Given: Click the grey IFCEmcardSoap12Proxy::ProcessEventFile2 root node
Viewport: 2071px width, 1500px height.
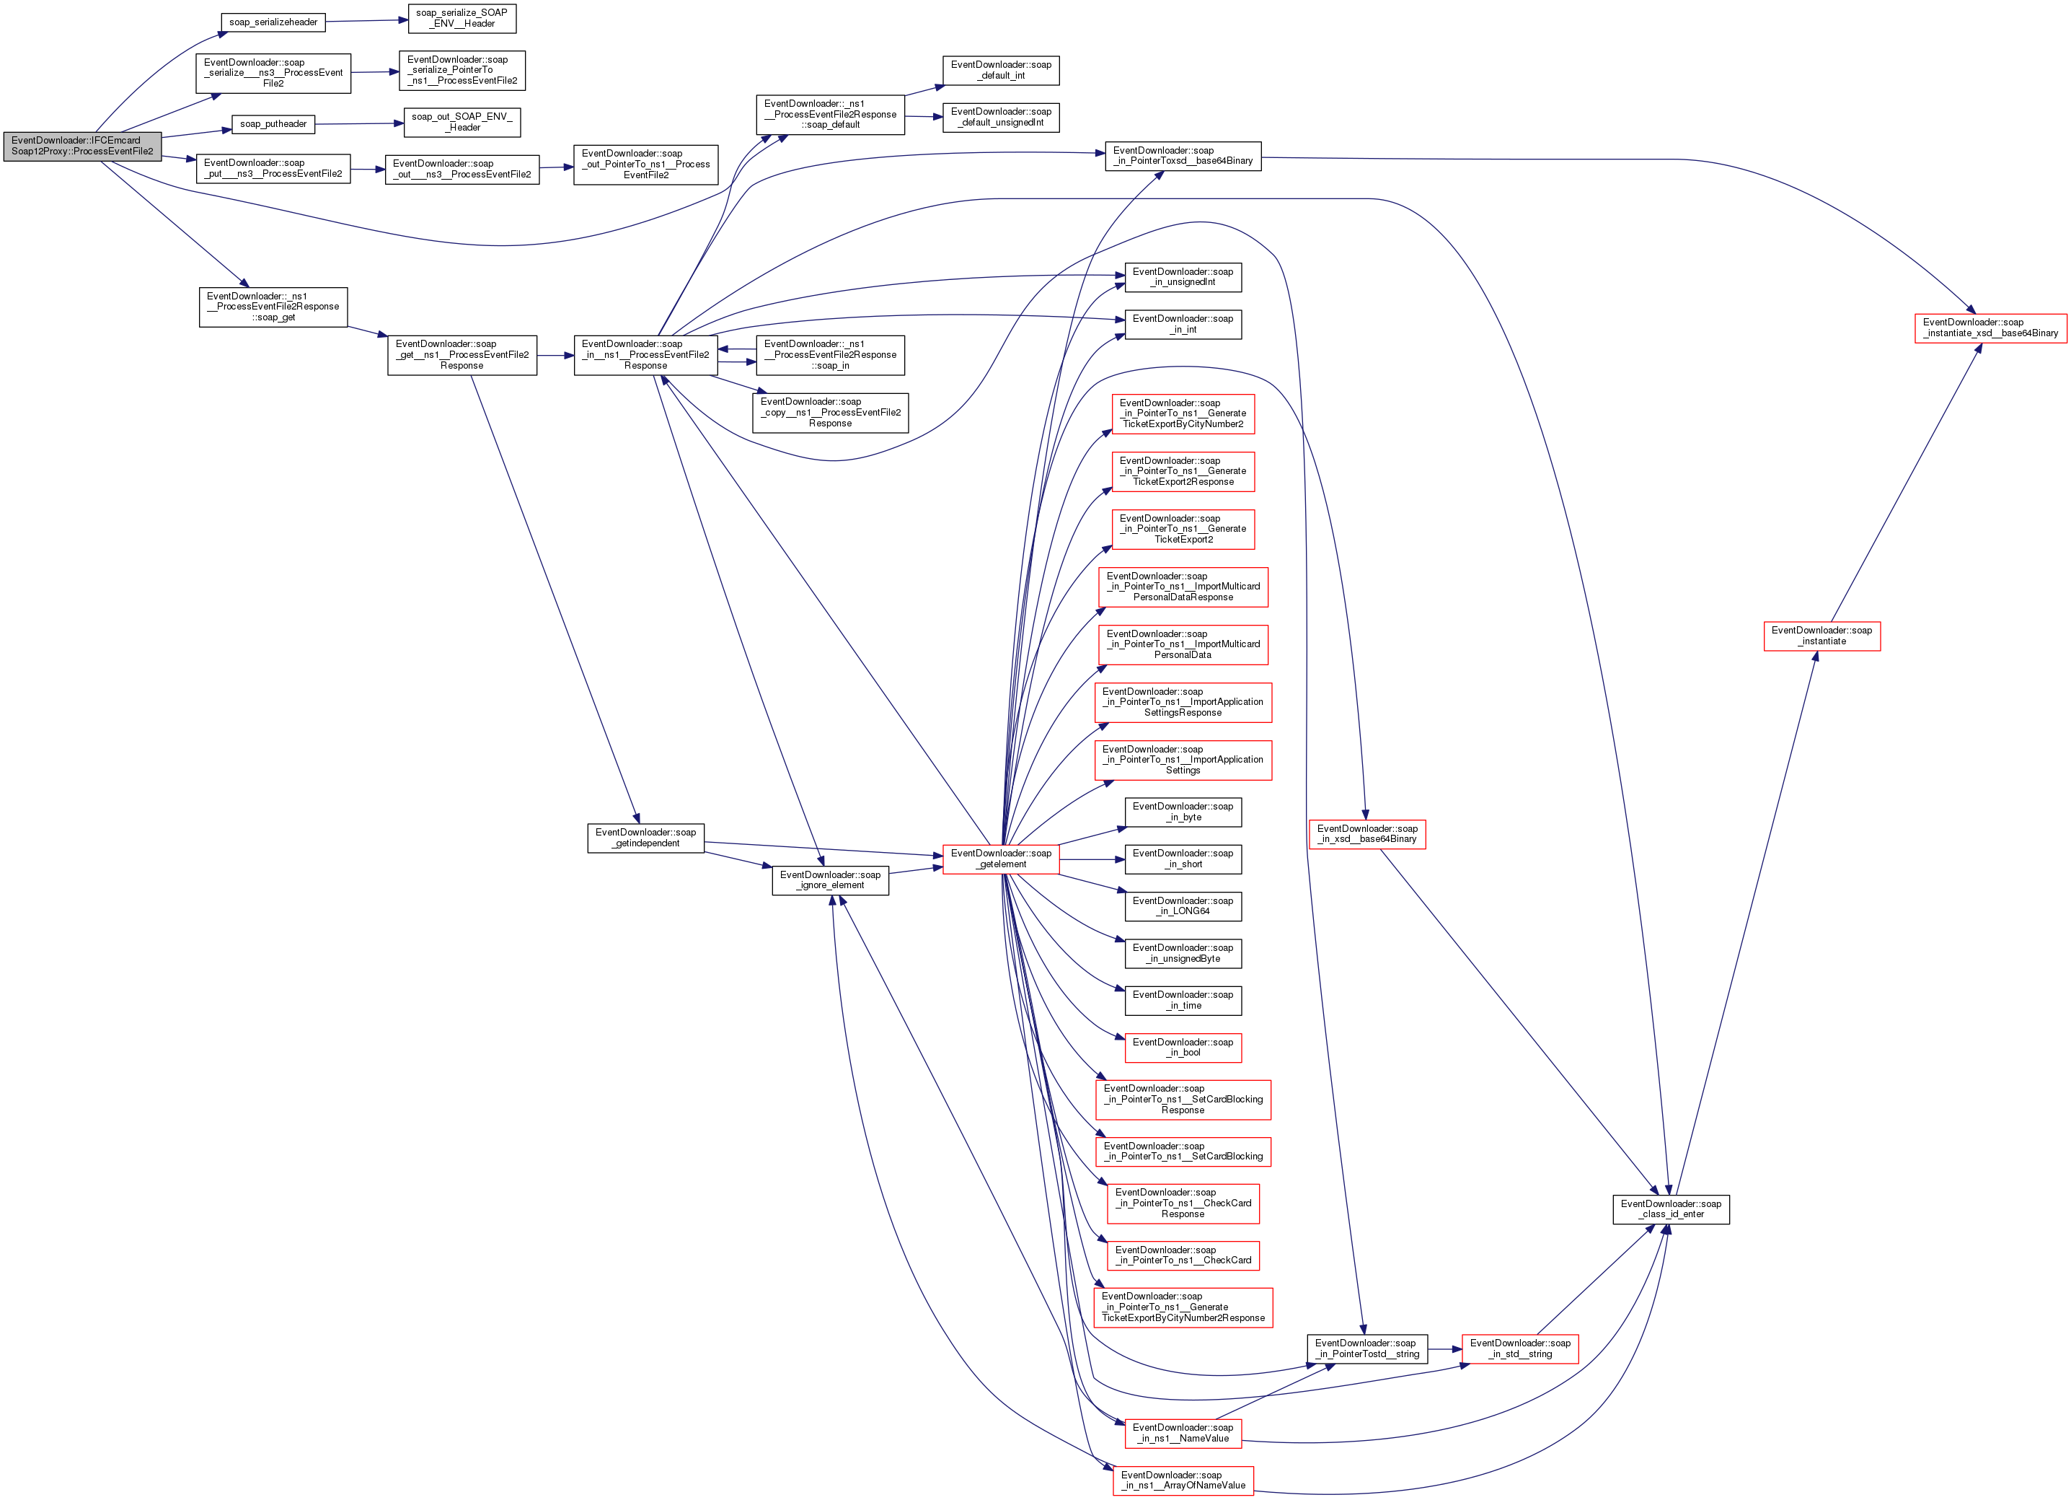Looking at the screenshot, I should (x=82, y=146).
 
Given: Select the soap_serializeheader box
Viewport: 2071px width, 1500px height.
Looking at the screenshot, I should (x=273, y=22).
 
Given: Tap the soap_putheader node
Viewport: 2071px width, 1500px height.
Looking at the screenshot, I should (x=273, y=124).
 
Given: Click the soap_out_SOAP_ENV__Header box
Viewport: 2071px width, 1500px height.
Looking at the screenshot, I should (x=462, y=123).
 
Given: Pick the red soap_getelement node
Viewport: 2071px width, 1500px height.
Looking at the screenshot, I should (x=1001, y=859).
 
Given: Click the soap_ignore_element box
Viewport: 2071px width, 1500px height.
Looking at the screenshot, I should (x=830, y=881).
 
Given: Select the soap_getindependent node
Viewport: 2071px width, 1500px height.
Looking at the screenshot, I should (x=645, y=838).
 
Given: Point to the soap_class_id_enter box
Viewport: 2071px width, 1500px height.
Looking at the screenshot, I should (x=1670, y=1209).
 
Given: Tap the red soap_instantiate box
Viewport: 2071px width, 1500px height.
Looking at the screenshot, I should (x=1821, y=636).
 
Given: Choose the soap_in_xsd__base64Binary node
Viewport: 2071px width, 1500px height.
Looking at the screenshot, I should (x=1367, y=834).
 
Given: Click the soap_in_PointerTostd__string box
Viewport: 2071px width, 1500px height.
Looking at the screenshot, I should (x=1367, y=1348).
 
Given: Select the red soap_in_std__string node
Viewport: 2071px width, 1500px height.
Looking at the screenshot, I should (x=1519, y=1348).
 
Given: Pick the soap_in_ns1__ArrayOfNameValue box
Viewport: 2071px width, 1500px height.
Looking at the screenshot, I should (x=1183, y=1481).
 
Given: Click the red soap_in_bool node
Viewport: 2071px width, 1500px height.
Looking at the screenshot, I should (x=1183, y=1048).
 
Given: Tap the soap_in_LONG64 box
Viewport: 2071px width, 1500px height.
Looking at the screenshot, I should (x=1183, y=906).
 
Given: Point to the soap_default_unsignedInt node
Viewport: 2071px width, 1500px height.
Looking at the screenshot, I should (x=1001, y=117).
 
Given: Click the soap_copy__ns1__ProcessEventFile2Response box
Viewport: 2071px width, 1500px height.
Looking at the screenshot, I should (x=830, y=412).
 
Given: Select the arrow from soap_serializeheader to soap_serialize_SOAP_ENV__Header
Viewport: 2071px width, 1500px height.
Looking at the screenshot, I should (x=367, y=20).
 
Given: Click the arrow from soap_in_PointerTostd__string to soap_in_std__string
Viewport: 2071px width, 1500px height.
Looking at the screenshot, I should (x=1444, y=1349).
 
